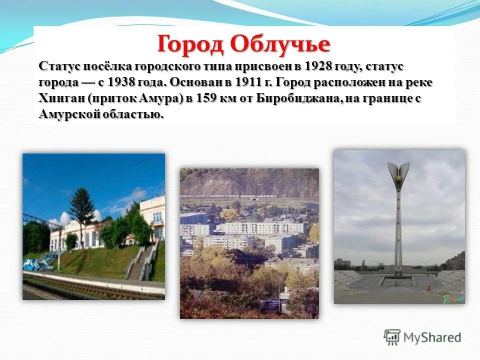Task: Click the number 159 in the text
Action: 205,98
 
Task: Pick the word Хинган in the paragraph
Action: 61,98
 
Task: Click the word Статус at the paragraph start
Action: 56,66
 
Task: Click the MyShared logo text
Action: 432,337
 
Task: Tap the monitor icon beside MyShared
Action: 392,337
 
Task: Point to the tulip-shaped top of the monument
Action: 398,173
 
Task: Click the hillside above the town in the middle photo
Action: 250,182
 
